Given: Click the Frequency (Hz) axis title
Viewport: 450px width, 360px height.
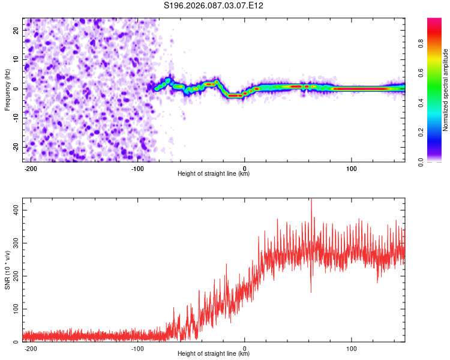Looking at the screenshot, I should [7, 89].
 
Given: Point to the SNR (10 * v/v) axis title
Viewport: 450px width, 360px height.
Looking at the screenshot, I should [7, 269].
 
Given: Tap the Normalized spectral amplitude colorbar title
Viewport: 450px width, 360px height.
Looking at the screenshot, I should [446, 90].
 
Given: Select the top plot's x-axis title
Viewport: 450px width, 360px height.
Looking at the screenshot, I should [214, 174].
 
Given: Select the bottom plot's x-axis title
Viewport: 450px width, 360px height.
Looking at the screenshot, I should [214, 354].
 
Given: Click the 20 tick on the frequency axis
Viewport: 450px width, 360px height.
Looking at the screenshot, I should [16, 30].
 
